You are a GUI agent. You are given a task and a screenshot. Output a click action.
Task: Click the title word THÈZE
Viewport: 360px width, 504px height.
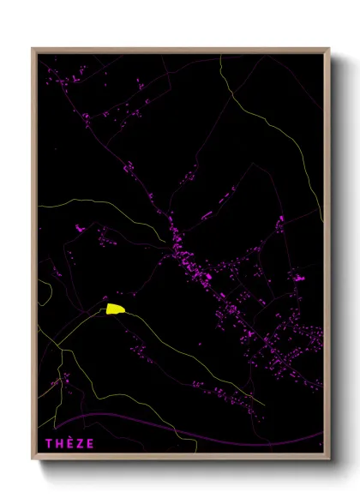tap(70, 443)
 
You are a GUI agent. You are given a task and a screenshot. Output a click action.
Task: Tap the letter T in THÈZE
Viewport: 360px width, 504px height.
tap(49, 443)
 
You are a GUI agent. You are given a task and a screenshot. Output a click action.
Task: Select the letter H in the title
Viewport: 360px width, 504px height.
tap(59, 443)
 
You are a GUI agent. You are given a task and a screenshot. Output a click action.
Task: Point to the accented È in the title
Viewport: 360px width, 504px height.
tap(70, 443)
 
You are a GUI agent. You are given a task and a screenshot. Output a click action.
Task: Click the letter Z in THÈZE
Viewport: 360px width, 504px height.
tap(81, 443)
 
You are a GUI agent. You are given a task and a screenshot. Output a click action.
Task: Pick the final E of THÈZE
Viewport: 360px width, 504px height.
tap(91, 443)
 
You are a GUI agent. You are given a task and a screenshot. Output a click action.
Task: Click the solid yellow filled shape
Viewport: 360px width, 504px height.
tap(114, 309)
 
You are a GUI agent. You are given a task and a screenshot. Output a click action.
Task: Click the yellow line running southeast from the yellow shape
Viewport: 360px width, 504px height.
tap(197, 360)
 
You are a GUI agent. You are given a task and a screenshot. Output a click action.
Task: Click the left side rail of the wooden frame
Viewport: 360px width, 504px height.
tap(34, 257)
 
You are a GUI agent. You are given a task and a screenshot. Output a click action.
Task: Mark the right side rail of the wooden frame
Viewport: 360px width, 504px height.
tap(327, 257)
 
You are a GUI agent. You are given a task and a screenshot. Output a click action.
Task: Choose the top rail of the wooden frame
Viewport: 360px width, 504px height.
tap(180, 51)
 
